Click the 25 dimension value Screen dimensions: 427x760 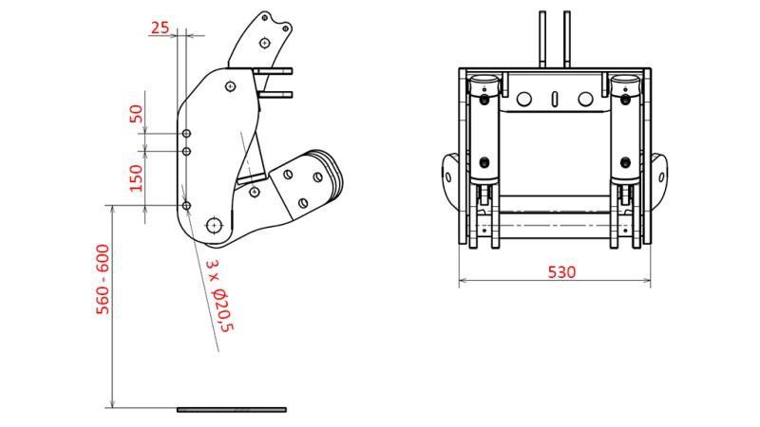coord(161,28)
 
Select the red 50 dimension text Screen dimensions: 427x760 coord(136,113)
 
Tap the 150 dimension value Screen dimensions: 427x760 coord(136,177)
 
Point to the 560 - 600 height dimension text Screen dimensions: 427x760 coord(103,279)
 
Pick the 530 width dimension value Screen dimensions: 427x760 coord(561,271)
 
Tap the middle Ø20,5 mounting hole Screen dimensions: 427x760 coord(186,151)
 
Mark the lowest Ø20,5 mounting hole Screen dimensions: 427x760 coord(186,205)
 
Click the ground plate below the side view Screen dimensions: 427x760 coord(231,410)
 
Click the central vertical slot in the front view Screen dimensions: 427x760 coord(555,98)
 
